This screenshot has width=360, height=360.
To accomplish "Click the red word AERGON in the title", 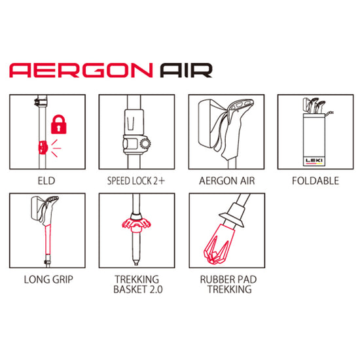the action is (x=81, y=71).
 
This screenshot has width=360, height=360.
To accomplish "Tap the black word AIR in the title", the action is (x=186, y=71).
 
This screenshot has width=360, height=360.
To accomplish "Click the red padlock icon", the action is (x=59, y=124).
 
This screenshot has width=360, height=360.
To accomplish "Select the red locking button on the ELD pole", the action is (x=43, y=147).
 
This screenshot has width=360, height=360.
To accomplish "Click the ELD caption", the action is (x=46, y=181).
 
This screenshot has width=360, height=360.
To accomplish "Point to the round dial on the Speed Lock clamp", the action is (x=145, y=144).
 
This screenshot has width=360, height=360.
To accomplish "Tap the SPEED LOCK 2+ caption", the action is (x=136, y=181).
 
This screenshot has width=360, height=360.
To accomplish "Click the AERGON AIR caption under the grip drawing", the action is (x=227, y=181).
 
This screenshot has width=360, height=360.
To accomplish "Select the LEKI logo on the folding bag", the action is (x=314, y=160).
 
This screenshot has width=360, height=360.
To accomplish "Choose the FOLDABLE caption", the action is (x=315, y=181).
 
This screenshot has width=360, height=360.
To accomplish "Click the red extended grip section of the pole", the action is (x=48, y=240).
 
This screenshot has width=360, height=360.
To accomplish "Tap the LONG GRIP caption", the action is (x=48, y=279).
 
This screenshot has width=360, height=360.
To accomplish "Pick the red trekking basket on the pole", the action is (x=136, y=225).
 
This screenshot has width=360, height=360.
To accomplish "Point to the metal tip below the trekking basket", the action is (x=136, y=262).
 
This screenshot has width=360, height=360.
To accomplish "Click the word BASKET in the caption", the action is (x=130, y=289).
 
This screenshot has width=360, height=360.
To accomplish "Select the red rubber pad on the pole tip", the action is (x=219, y=244).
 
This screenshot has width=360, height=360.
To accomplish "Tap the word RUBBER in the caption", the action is (x=215, y=279).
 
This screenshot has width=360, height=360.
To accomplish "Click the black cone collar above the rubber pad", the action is (x=232, y=215).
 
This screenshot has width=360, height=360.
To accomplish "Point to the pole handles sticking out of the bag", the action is (x=314, y=106).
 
